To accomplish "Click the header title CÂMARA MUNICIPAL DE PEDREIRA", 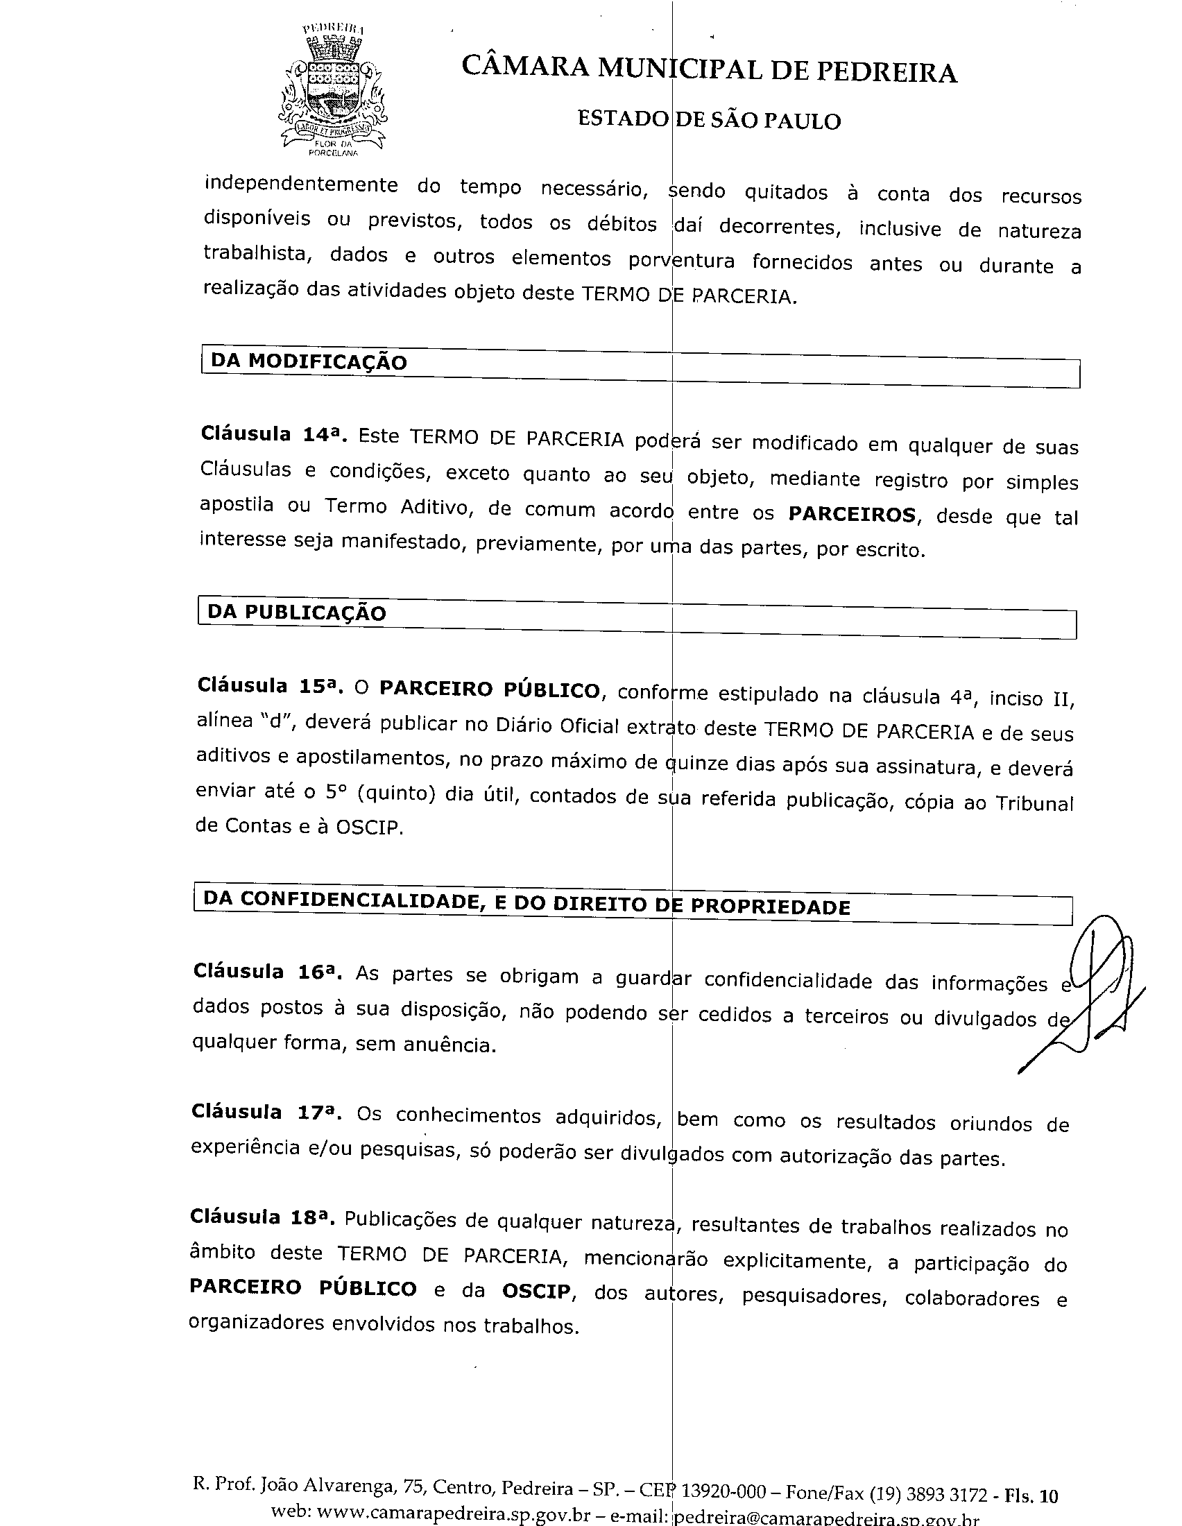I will [x=708, y=70].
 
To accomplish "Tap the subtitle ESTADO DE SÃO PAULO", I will [x=708, y=120].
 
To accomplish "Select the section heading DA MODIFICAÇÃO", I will [x=309, y=361].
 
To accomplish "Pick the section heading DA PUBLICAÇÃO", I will [x=297, y=612].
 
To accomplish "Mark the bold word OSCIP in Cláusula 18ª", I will [x=536, y=1291].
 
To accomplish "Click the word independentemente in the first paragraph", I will [x=300, y=185].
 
